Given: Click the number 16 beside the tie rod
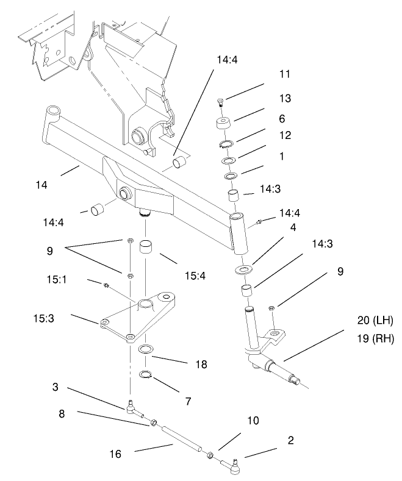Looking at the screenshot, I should pos(115,454).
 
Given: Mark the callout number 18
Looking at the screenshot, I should pos(201,365).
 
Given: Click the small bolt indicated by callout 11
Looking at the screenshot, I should pos(220,102).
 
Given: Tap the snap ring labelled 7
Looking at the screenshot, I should pos(147,374).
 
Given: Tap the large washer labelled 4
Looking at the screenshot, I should pos(245,269).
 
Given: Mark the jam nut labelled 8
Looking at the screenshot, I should pos(154,422).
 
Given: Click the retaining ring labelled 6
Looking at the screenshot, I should pos(226,144).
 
